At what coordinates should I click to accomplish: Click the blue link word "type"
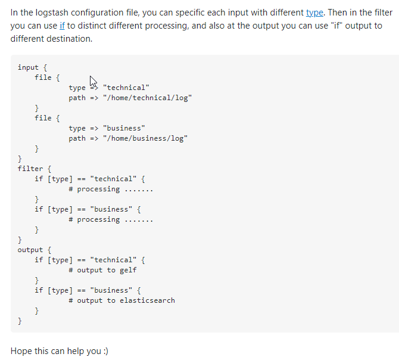click(x=314, y=13)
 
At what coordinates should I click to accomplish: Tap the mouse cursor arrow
click(x=93, y=80)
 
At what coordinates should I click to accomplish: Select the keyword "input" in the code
click(x=29, y=67)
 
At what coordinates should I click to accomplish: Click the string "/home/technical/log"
click(x=147, y=98)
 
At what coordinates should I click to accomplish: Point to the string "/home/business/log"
click(x=145, y=138)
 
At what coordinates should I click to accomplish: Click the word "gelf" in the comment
click(x=128, y=270)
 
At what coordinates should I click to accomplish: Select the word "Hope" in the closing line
click(x=23, y=350)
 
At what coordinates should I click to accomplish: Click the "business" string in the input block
click(x=124, y=128)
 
